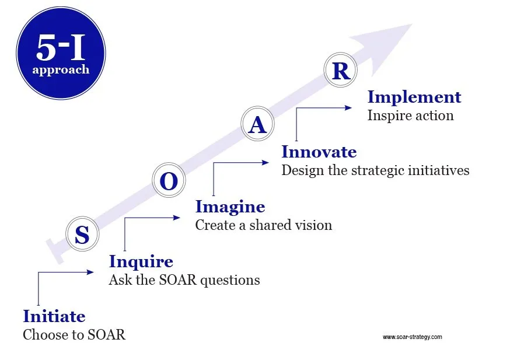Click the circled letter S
[82, 234]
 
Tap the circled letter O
[169, 180]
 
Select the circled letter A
[257, 124]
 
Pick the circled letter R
[341, 69]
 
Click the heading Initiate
[54, 316]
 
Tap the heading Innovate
[319, 152]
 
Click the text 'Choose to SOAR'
[74, 335]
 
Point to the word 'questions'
[230, 281]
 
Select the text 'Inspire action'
[410, 116]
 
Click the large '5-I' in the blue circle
[61, 47]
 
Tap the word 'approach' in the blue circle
[61, 70]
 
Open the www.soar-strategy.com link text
[413, 337]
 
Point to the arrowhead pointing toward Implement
[348, 107]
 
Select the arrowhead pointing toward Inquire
[90, 272]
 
